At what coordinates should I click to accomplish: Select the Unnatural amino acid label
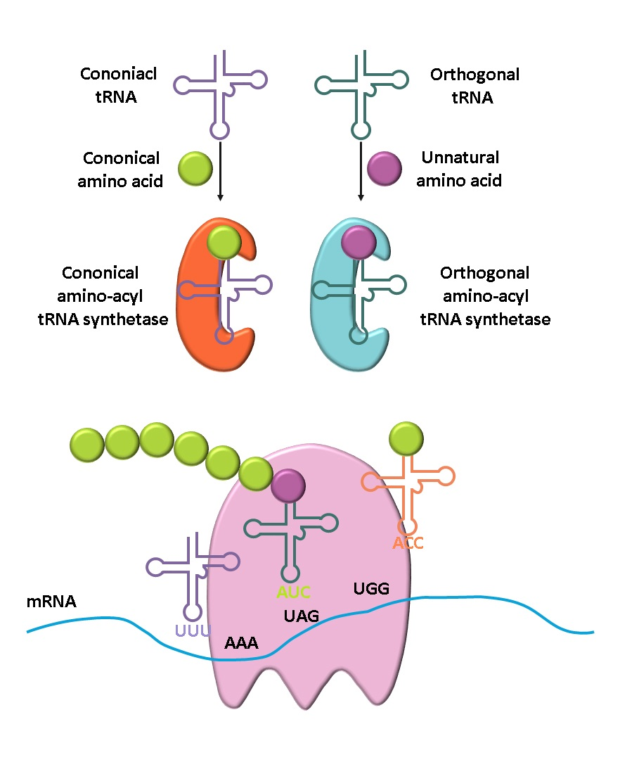(459, 170)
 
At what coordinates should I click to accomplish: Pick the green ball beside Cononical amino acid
(194, 170)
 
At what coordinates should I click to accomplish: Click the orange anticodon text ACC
(408, 543)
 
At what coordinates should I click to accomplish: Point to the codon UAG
(302, 616)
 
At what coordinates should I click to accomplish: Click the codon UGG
(371, 588)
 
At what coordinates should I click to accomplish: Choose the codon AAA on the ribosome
(242, 643)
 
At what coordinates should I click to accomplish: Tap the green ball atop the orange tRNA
(406, 438)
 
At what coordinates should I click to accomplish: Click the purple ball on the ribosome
(288, 486)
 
